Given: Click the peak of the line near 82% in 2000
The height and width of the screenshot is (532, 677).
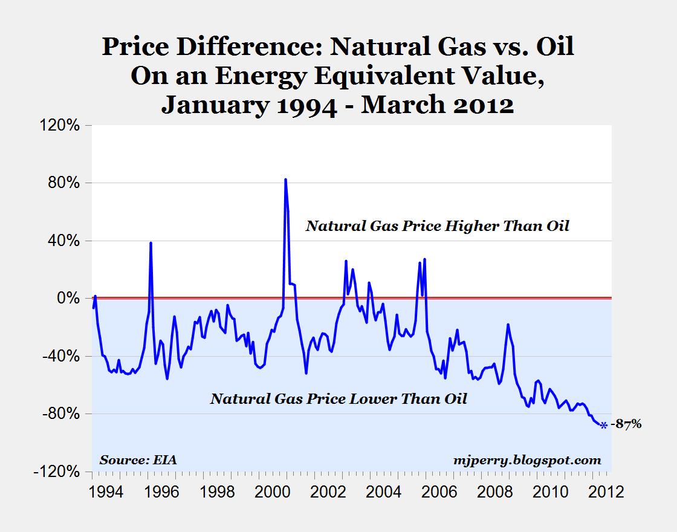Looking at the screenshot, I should pos(285,180).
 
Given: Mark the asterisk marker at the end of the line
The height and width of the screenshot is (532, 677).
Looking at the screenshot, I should pos(603,426).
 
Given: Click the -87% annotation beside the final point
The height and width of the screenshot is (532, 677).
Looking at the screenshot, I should pos(626,424).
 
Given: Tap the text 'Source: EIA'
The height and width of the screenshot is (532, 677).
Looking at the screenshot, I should pos(139,460).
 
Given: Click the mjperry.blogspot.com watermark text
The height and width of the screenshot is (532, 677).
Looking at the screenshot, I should pos(526,460).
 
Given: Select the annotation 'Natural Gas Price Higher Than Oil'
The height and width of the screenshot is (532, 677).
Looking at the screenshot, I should pos(437,227).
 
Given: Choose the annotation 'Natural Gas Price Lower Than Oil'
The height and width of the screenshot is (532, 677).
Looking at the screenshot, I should pos(338,398).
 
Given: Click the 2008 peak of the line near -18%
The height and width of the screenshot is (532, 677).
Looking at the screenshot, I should pos(508,325).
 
